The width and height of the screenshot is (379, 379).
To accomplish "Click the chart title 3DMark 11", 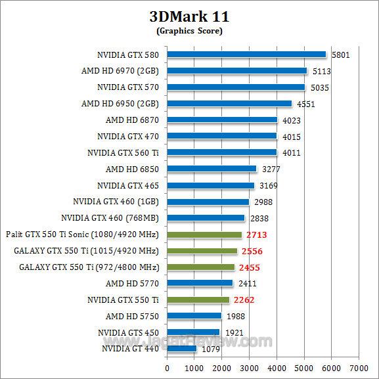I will coord(189,16).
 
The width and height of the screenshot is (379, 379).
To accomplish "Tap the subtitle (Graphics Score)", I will coord(189,31).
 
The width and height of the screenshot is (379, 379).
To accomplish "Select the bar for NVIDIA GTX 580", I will coord(246,55).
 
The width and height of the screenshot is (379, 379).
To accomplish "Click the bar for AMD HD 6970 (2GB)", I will coord(237,71).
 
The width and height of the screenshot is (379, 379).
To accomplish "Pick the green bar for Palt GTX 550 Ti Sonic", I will coord(204,234).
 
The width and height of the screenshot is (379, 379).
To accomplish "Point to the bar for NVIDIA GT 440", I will coord(182,349).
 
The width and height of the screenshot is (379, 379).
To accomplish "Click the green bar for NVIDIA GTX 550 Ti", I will coord(198,300).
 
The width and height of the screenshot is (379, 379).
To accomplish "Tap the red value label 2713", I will coord(257,234).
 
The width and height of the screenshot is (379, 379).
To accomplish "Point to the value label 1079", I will coord(210,349).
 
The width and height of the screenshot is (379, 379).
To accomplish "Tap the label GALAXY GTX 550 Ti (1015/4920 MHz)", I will coord(86,251).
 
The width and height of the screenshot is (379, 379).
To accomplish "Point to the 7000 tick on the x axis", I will coord(359,367).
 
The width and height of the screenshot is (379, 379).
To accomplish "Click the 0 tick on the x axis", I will coord(167,367).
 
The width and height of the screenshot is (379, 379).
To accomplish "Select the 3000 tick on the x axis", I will coord(250,367).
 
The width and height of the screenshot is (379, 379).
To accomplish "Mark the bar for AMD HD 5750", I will coord(194,317).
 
